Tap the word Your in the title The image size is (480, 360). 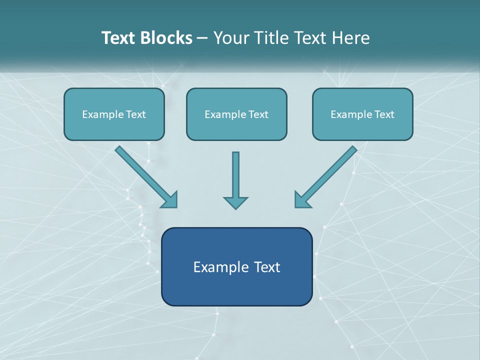[229, 38]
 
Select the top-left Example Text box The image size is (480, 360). [114, 114]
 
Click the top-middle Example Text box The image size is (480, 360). [236, 114]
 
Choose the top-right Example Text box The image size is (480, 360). [362, 114]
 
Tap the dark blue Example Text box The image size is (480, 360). [236, 266]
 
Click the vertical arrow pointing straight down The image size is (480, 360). [235, 175]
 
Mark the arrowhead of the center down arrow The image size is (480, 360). [235, 202]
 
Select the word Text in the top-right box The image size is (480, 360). [384, 114]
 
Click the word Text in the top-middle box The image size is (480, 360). [258, 114]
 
